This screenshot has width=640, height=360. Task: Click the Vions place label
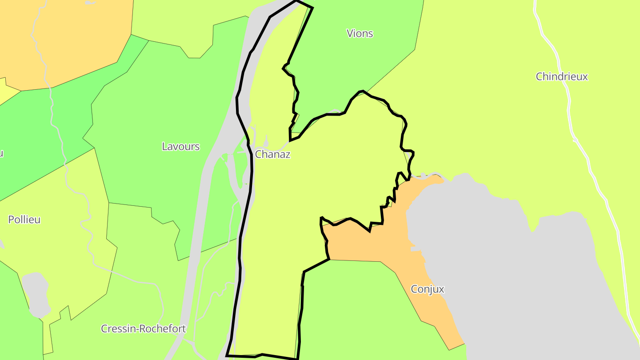(360, 33)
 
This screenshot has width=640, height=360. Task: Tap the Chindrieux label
(562, 76)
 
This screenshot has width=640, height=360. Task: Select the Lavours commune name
(180, 147)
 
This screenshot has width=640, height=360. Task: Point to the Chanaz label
(272, 155)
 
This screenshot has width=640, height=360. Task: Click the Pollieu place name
(24, 220)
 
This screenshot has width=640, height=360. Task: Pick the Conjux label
(428, 289)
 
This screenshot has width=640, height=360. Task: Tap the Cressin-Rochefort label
(143, 329)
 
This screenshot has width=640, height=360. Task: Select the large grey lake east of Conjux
(511, 267)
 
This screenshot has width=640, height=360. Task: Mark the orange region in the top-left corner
(67, 36)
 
